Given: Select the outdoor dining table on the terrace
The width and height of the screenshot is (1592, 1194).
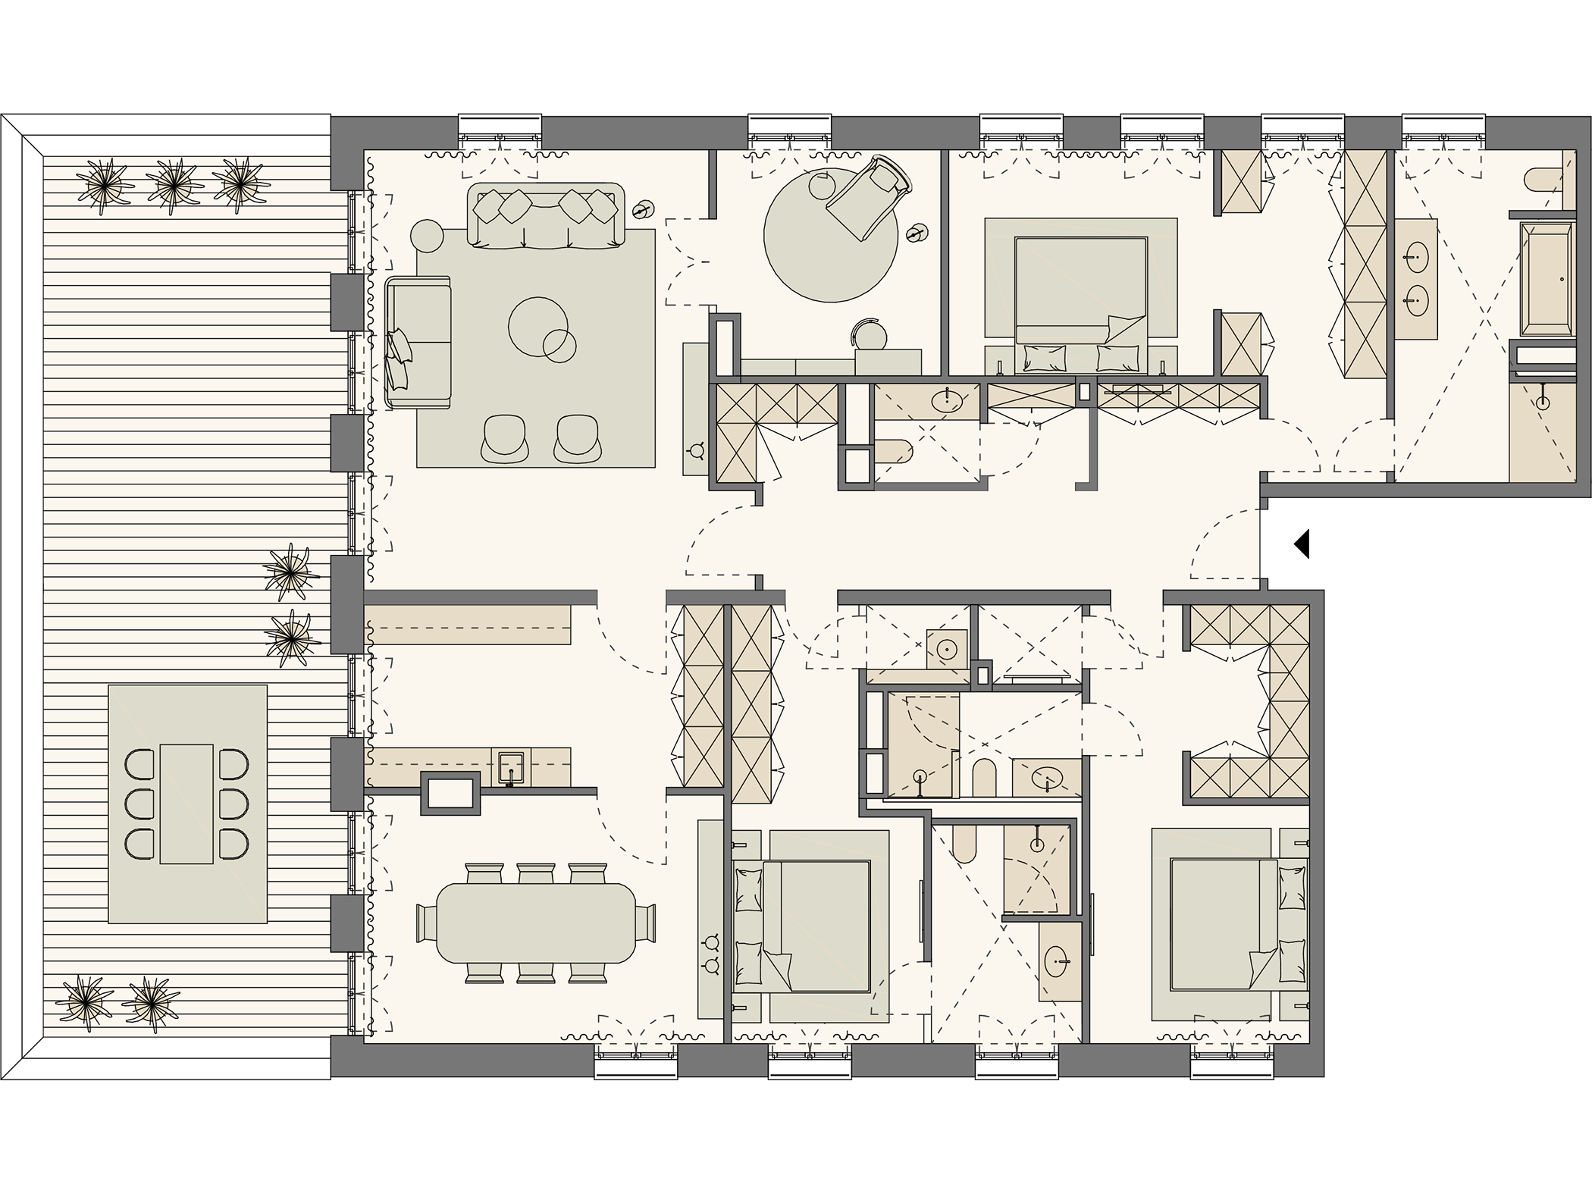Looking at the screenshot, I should click(x=186, y=804).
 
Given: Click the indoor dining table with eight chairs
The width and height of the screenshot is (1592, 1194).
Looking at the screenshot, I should click(x=536, y=921).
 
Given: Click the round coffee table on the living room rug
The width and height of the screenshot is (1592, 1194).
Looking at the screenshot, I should click(x=537, y=327).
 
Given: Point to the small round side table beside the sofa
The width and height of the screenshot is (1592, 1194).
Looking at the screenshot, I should click(x=426, y=236).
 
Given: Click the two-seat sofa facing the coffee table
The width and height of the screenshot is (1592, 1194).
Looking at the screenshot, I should click(x=418, y=343).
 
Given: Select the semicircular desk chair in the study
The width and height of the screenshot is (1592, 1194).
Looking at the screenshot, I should click(x=870, y=334).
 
